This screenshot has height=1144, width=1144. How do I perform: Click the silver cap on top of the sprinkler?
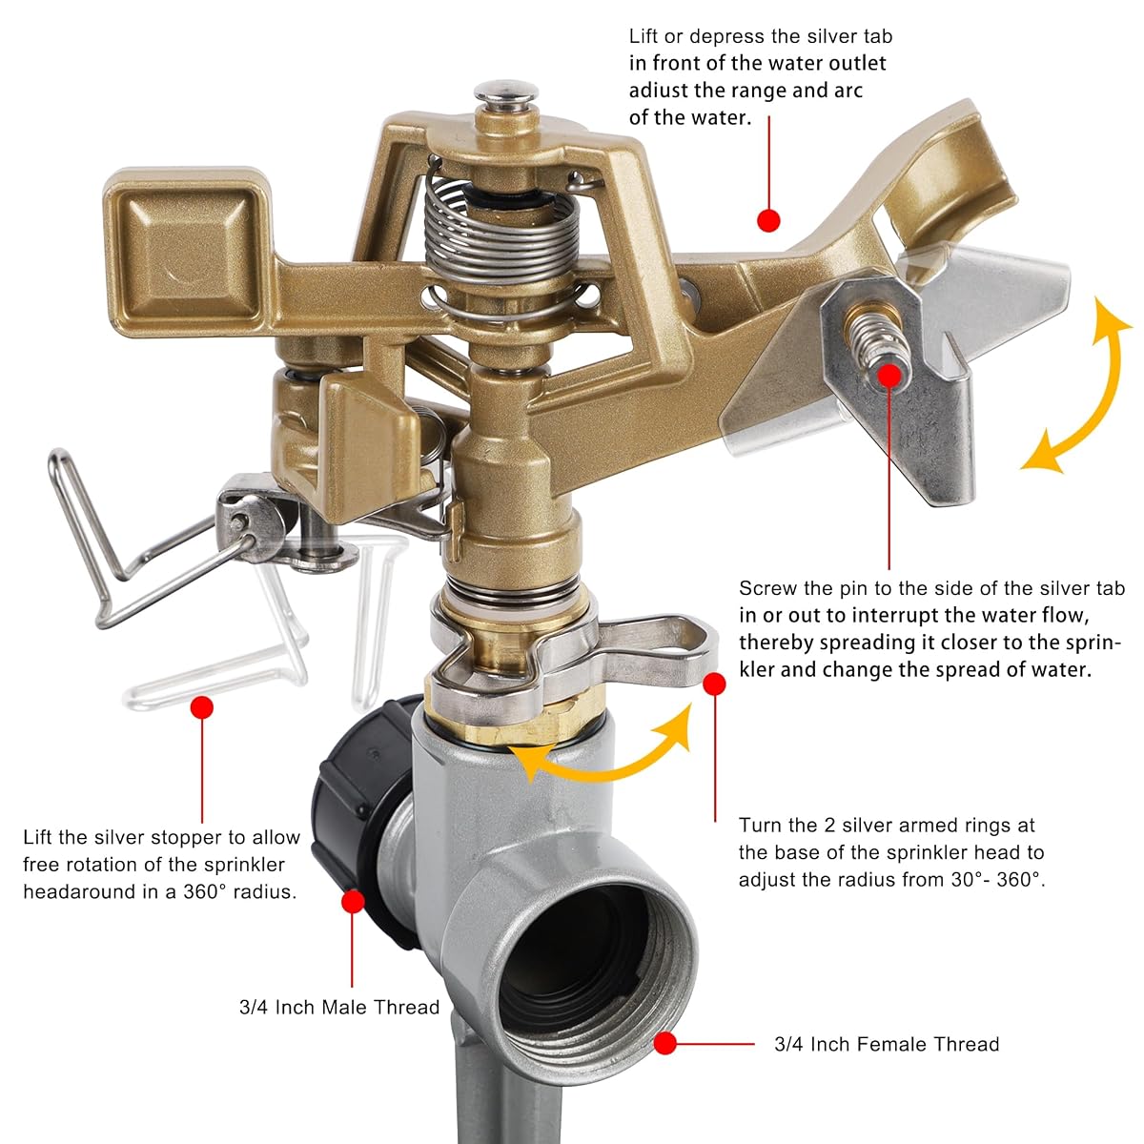coord(506,95)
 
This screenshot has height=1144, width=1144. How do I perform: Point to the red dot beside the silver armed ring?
coord(714,684)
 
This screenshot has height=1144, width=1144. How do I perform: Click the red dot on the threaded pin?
coord(889,376)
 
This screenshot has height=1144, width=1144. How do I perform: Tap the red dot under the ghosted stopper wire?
coord(202,707)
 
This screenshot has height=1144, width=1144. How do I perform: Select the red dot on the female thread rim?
coord(665,1059)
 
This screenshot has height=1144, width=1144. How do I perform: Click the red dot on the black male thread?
coord(354,902)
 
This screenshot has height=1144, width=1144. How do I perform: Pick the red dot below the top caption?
coord(768,221)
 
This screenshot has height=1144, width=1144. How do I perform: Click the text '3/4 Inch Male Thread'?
coord(339,1007)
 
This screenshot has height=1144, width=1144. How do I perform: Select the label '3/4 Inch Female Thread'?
coord(887,1060)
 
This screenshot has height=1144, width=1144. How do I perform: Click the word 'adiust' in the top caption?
coord(657,91)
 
